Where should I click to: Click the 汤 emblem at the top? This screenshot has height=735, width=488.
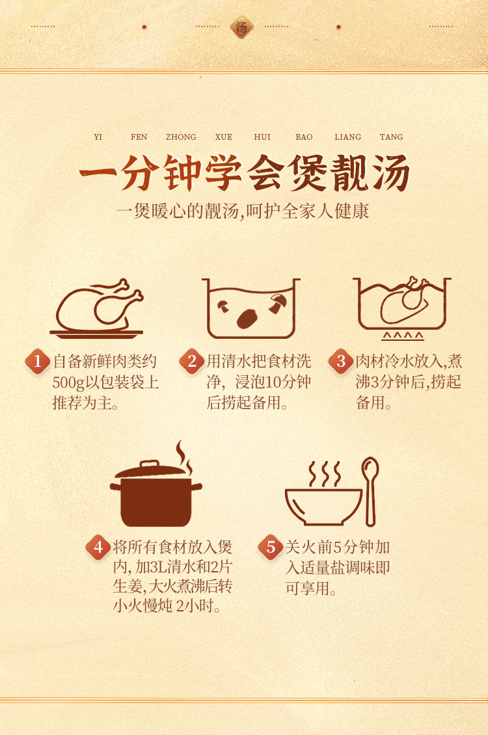pyautogui.click(x=242, y=27)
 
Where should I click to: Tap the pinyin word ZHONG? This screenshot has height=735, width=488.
pyautogui.click(x=181, y=137)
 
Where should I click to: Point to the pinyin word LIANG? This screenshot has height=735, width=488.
pyautogui.click(x=348, y=137)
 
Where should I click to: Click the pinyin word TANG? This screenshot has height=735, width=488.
pyautogui.click(x=391, y=137)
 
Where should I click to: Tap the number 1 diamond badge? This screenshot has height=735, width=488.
pyautogui.click(x=38, y=362)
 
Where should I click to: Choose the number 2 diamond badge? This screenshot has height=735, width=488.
pyautogui.click(x=192, y=362)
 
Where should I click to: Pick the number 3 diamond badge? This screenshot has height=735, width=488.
pyautogui.click(x=341, y=362)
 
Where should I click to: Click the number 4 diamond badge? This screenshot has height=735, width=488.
pyautogui.click(x=98, y=547)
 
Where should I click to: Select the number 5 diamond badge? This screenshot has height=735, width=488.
pyautogui.click(x=271, y=547)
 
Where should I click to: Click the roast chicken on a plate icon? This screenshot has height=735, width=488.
pyautogui.click(x=96, y=308)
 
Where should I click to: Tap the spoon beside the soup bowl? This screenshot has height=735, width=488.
pyautogui.click(x=370, y=491)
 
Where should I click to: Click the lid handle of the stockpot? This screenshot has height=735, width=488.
pyautogui.click(x=149, y=464)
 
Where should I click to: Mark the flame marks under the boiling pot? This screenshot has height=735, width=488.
pyautogui.click(x=403, y=336)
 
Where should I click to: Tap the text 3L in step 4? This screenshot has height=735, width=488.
pyautogui.click(x=154, y=567)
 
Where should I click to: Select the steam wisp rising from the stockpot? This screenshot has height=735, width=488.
pyautogui.click(x=183, y=458)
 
